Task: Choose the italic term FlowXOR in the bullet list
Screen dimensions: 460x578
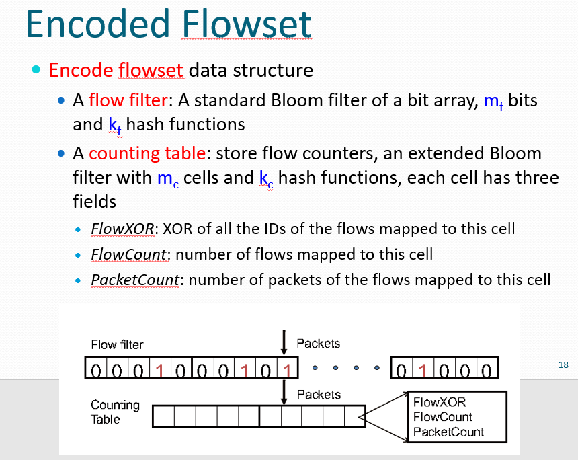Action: pos(123,229)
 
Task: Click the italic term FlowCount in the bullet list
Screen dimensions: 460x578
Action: pos(130,254)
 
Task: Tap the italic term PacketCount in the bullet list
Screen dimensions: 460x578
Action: pos(134,280)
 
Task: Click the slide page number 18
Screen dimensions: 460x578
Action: pos(563,365)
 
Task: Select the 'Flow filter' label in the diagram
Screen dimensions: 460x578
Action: pos(117,344)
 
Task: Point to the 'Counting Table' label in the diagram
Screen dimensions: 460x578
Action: pos(115,412)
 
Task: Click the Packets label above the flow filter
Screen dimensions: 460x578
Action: pos(318,343)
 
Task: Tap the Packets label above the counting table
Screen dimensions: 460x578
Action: pos(319,394)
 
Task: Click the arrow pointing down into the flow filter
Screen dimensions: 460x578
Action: pos(284,342)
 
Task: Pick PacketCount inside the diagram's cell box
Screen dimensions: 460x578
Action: pos(448,432)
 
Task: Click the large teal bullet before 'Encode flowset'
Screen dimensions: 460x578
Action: pos(36,71)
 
